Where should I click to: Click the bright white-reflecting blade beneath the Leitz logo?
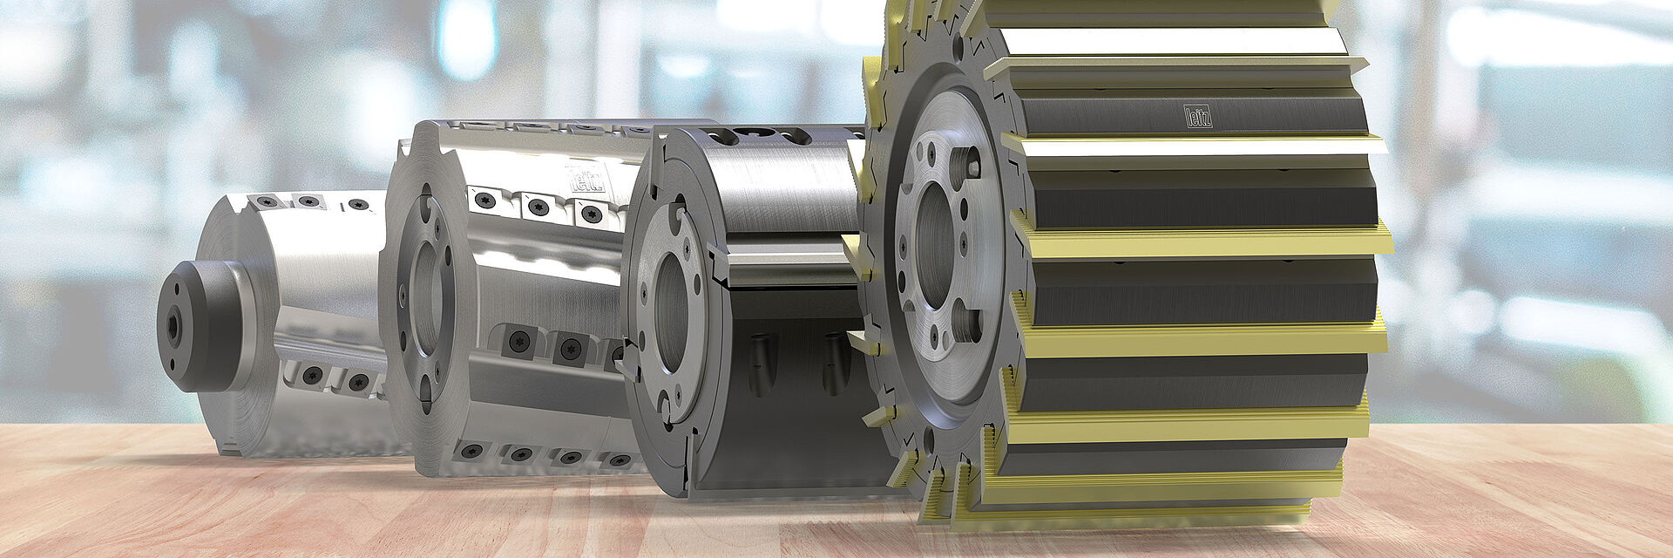(x=1194, y=146)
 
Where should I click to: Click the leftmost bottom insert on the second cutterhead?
(x=471, y=451)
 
